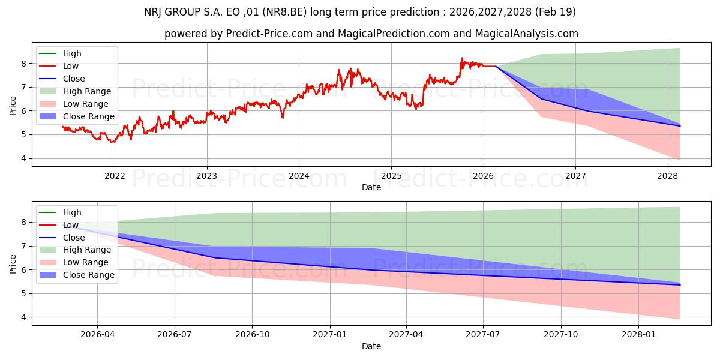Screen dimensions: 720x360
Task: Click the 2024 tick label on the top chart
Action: coord(299,176)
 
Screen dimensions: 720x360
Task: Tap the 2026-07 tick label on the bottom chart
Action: coord(175,335)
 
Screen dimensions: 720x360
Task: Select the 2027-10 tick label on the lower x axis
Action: coord(561,335)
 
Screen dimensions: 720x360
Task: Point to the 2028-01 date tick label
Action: coord(638,335)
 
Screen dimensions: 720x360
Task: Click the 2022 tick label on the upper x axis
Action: coord(115,176)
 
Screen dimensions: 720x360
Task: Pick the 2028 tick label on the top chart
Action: coord(668,176)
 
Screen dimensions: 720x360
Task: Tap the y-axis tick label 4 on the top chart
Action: coord(24,158)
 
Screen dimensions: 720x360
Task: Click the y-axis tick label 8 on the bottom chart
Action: coord(24,223)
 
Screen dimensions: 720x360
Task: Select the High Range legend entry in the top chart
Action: coord(75,91)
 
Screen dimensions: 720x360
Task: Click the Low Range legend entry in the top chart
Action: coord(74,104)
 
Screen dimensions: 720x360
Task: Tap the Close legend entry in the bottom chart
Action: coord(62,238)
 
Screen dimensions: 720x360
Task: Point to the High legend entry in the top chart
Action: coord(61,53)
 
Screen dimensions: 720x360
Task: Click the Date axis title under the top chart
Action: coord(371,187)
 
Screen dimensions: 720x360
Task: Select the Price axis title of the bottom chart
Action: coord(13,264)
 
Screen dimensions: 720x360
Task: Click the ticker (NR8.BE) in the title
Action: coord(284,12)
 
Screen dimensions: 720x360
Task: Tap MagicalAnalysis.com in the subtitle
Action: coord(527,34)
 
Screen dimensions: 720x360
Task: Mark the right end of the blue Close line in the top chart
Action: coord(680,126)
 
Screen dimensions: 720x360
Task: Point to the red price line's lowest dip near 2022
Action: coord(112,142)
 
